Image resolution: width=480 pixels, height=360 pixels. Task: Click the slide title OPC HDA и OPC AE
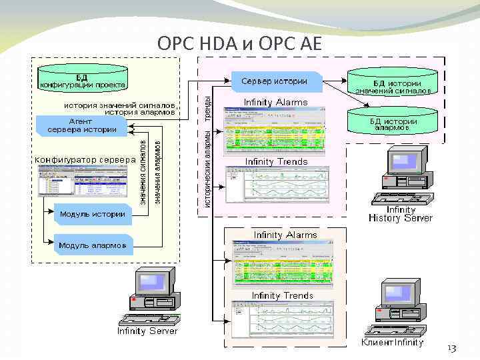[x=239, y=43]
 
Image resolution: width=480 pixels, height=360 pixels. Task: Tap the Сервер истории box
[x=276, y=81]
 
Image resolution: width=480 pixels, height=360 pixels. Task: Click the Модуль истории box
[x=93, y=214]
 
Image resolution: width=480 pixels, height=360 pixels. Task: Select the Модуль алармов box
[x=93, y=245]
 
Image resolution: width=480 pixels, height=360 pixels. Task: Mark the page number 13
[x=451, y=349]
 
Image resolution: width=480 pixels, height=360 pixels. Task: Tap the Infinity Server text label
[x=147, y=331]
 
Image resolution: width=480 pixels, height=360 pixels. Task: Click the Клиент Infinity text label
[x=393, y=342]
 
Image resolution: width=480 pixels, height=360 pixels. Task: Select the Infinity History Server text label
[x=400, y=214]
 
